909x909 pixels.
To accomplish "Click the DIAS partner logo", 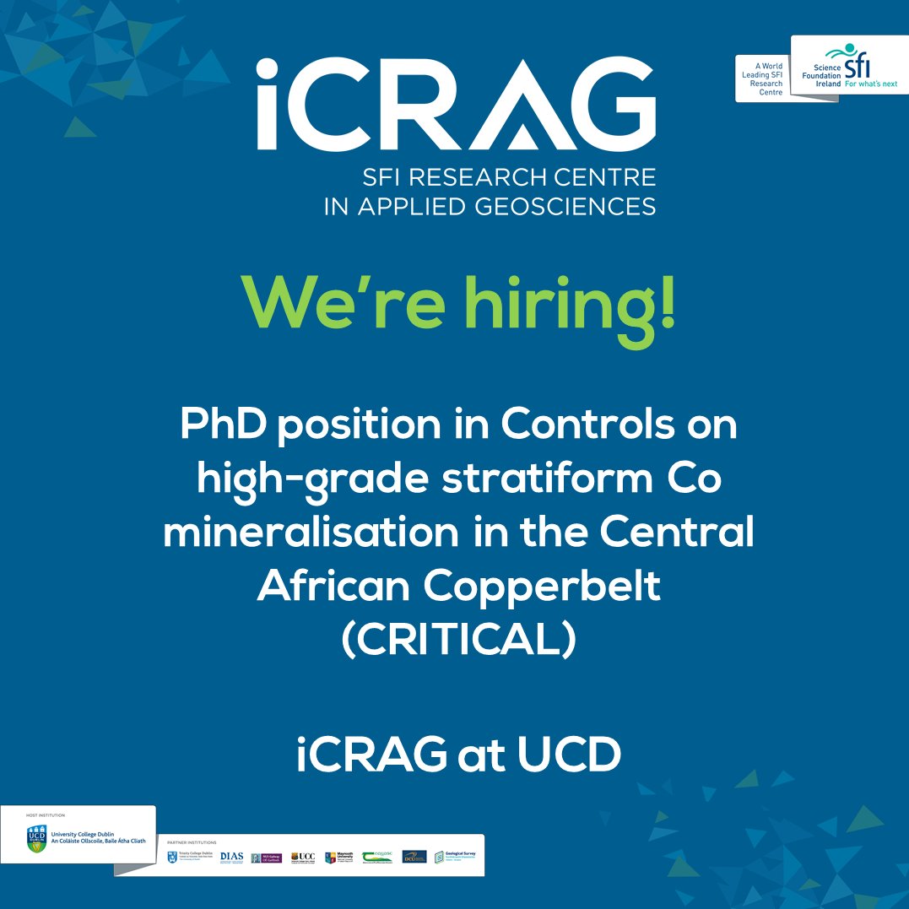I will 230,857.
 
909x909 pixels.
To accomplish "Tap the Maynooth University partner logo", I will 338,857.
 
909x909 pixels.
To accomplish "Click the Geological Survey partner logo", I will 456,857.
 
